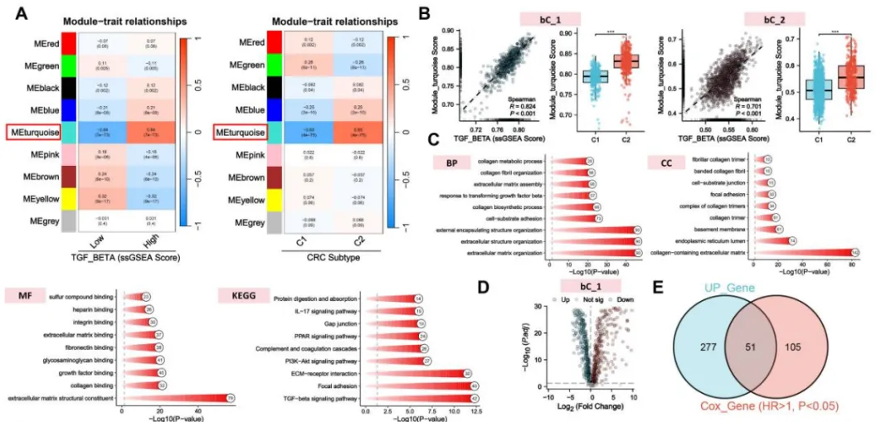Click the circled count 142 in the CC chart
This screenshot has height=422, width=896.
click(855, 251)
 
